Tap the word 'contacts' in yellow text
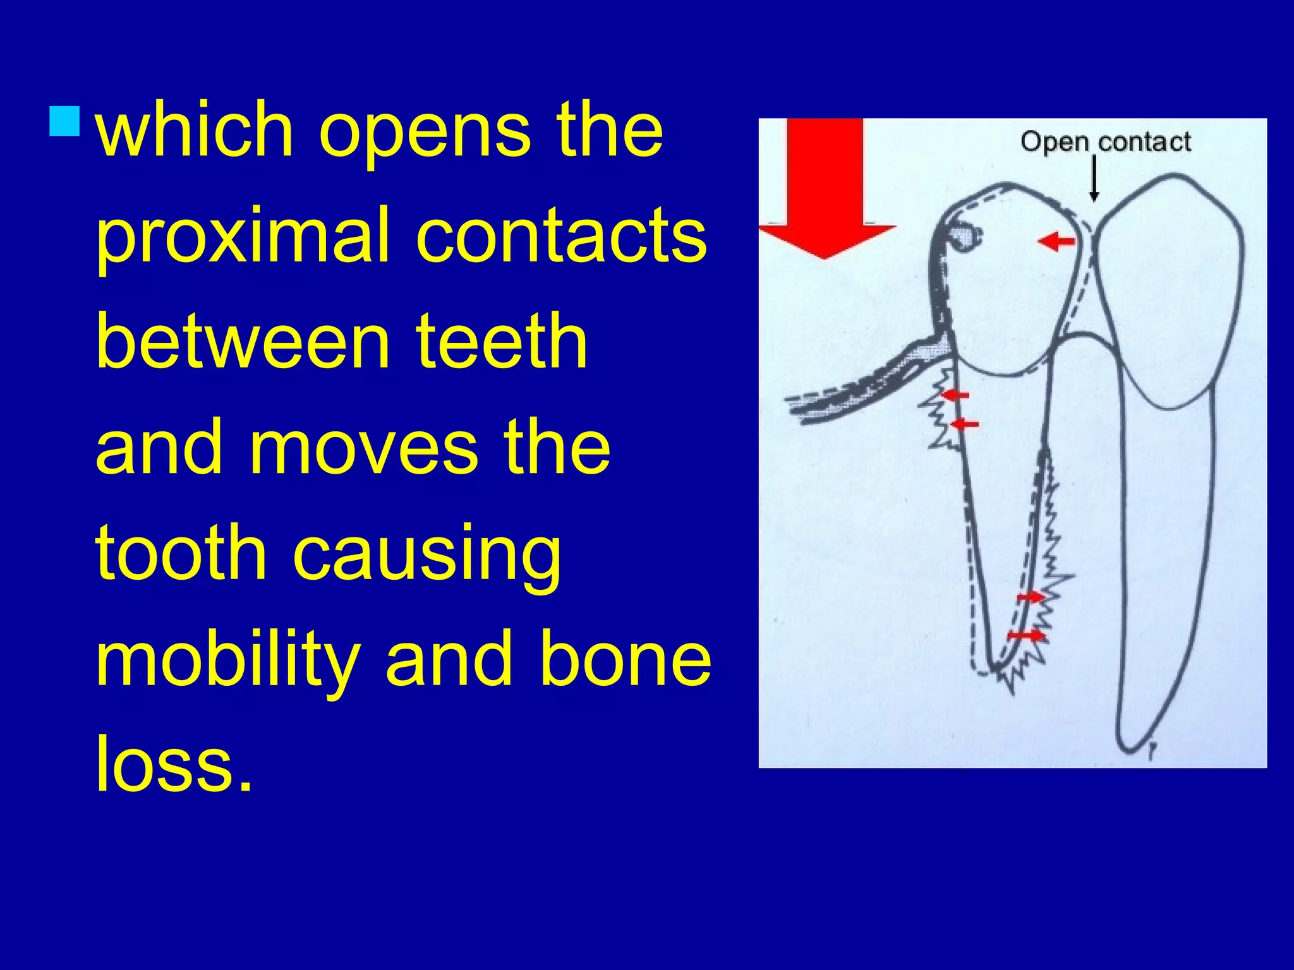pos(562,236)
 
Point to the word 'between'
pos(243,342)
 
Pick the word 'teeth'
pos(502,342)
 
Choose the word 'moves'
pos(363,448)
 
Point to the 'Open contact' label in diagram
pos(1105,142)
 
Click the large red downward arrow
pos(825,189)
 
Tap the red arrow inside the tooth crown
pos(1056,241)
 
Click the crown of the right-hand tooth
pos(1169,284)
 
